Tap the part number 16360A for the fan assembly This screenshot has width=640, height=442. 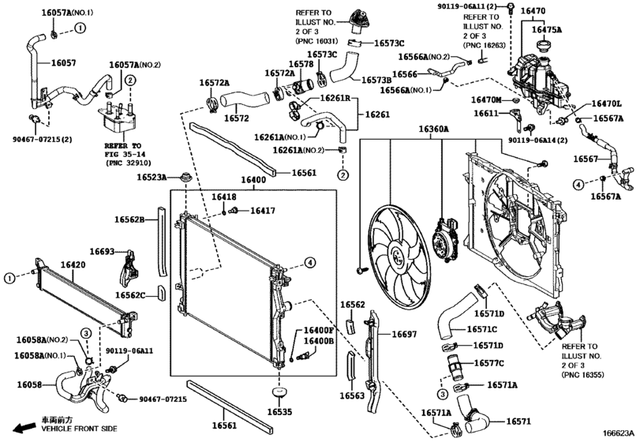pyautogui.click(x=433, y=129)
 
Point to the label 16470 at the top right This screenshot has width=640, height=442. pyautogui.click(x=534, y=12)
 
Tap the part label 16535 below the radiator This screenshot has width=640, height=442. pyautogui.click(x=279, y=411)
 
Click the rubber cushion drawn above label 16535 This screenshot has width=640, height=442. pyautogui.click(x=278, y=391)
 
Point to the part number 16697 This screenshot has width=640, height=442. pyautogui.click(x=404, y=334)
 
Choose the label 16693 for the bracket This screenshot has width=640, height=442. pyautogui.click(x=102, y=251)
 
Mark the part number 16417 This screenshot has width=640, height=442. pyautogui.click(x=263, y=211)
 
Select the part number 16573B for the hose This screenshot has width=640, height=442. pyautogui.click(x=376, y=80)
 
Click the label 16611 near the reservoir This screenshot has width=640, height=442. pyautogui.click(x=487, y=114)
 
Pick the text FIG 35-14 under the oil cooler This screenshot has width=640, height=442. pyautogui.click(x=122, y=155)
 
